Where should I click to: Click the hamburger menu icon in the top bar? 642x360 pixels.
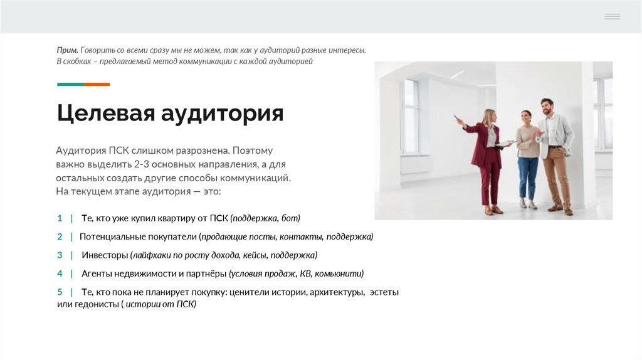pyautogui.click(x=612, y=16)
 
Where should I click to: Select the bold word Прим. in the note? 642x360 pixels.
pyautogui.click(x=67, y=50)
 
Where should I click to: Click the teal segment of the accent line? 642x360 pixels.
pyautogui.click(x=70, y=84)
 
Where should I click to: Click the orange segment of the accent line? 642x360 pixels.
pyautogui.click(x=97, y=84)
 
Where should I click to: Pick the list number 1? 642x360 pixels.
pyautogui.click(x=60, y=218)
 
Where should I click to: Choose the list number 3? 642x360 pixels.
pyautogui.click(x=60, y=255)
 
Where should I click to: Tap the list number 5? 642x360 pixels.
pyautogui.click(x=60, y=292)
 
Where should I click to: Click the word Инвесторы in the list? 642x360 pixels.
pyautogui.click(x=105, y=255)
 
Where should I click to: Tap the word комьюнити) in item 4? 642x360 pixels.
pyautogui.click(x=339, y=274)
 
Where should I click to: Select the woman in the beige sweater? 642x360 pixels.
pyautogui.click(x=527, y=157)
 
